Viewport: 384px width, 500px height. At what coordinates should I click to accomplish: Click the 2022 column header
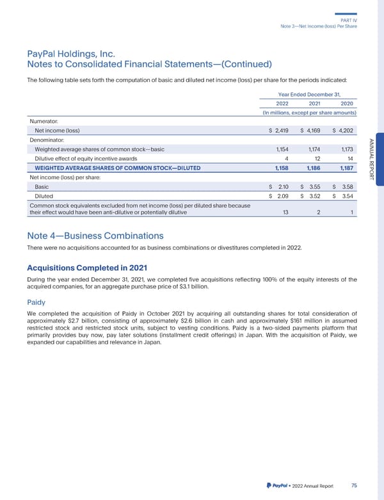pos(282,104)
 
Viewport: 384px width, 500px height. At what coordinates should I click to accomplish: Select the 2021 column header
pos(315,104)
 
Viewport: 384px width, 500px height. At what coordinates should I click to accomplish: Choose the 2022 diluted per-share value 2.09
pos(282,196)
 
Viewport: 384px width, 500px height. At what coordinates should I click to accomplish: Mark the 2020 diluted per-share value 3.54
pos(348,196)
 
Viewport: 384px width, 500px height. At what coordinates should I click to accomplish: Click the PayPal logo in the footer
pos(275,486)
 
